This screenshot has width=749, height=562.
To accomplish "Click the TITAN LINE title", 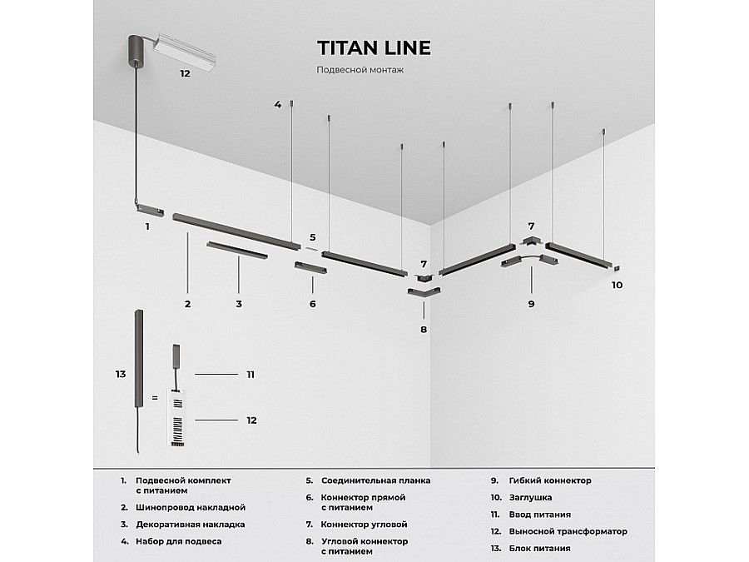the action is pyautogui.click(x=374, y=47).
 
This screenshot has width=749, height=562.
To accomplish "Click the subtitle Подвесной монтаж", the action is pyautogui.click(x=360, y=70).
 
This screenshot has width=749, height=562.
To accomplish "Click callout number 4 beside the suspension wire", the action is pyautogui.click(x=278, y=104).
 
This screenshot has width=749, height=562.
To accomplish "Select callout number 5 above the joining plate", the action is pyautogui.click(x=312, y=237).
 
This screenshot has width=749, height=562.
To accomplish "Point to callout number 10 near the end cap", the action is pyautogui.click(x=618, y=285).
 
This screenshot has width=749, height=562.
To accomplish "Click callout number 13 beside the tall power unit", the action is pyautogui.click(x=121, y=374).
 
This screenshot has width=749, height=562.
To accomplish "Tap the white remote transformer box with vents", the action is pyautogui.click(x=177, y=418).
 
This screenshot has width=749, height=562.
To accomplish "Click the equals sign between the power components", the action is pyautogui.click(x=154, y=398).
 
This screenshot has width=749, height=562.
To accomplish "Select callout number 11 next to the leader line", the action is pyautogui.click(x=250, y=375).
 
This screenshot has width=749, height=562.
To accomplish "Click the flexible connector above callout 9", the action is pyautogui.click(x=529, y=261).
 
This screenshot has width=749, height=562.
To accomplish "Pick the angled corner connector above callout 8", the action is pyautogui.click(x=424, y=291).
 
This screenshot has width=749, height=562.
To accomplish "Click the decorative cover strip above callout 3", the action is pyautogui.click(x=237, y=250).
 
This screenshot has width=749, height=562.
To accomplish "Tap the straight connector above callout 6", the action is pyautogui.click(x=311, y=267).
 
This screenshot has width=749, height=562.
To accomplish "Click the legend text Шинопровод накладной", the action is pyautogui.click(x=191, y=508).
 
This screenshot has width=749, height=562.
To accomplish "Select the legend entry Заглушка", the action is pyautogui.click(x=530, y=498).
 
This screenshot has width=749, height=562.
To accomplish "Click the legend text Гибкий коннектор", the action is pyautogui.click(x=550, y=480).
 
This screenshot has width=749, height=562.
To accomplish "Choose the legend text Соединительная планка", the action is pyautogui.click(x=375, y=480).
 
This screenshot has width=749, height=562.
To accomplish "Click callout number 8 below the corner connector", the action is pyautogui.click(x=424, y=329).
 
